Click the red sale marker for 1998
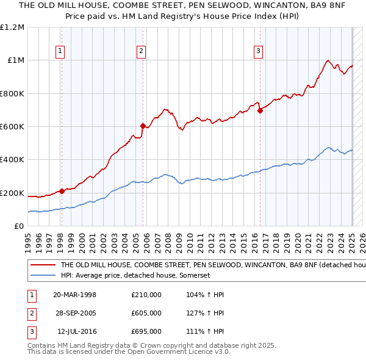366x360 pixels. [x=62, y=191]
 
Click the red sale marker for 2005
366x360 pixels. [x=143, y=126]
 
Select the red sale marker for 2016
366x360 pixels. [x=260, y=110]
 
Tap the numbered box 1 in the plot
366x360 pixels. [x=61, y=51]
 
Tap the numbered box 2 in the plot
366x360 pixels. [x=141, y=51]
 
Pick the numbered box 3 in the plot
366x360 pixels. [x=258, y=51]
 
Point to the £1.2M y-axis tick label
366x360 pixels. [x=12, y=27]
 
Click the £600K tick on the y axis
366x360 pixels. [x=12, y=127]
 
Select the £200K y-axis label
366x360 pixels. [x=12, y=193]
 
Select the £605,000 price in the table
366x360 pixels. [x=146, y=313]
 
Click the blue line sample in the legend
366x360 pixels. [x=42, y=276]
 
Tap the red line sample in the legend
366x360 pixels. [x=42, y=265]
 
